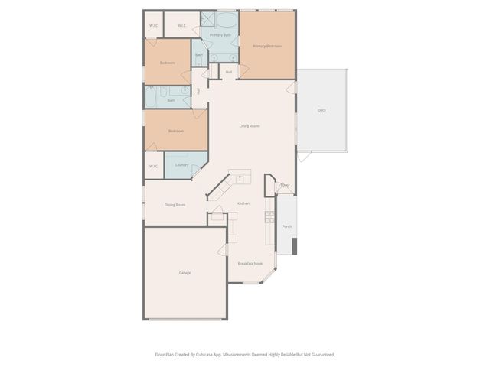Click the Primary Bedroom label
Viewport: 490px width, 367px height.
[267, 47]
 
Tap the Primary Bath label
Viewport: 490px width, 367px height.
[220, 35]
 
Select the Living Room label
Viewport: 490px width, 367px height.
[249, 126]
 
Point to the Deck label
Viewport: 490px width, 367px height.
[322, 110]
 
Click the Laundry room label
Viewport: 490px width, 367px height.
[181, 165]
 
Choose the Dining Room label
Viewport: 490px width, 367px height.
[175, 205]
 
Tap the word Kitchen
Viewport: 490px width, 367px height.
[243, 203]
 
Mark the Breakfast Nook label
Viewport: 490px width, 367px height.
[250, 263]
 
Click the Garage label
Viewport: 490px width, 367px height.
[185, 273]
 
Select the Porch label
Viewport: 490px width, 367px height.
[286, 226]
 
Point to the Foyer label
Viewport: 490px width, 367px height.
[285, 185]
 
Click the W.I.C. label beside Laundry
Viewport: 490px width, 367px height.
[154, 166]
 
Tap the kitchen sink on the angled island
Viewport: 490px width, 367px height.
[240, 178]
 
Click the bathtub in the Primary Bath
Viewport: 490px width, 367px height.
[226, 20]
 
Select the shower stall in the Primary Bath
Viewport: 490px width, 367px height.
[207, 19]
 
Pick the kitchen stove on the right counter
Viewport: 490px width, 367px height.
[269, 218]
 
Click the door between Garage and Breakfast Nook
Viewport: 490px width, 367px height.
[223, 251]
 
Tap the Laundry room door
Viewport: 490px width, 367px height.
[197, 172]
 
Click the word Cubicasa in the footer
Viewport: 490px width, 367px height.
[211, 354]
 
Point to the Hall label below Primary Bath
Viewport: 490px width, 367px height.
[228, 72]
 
